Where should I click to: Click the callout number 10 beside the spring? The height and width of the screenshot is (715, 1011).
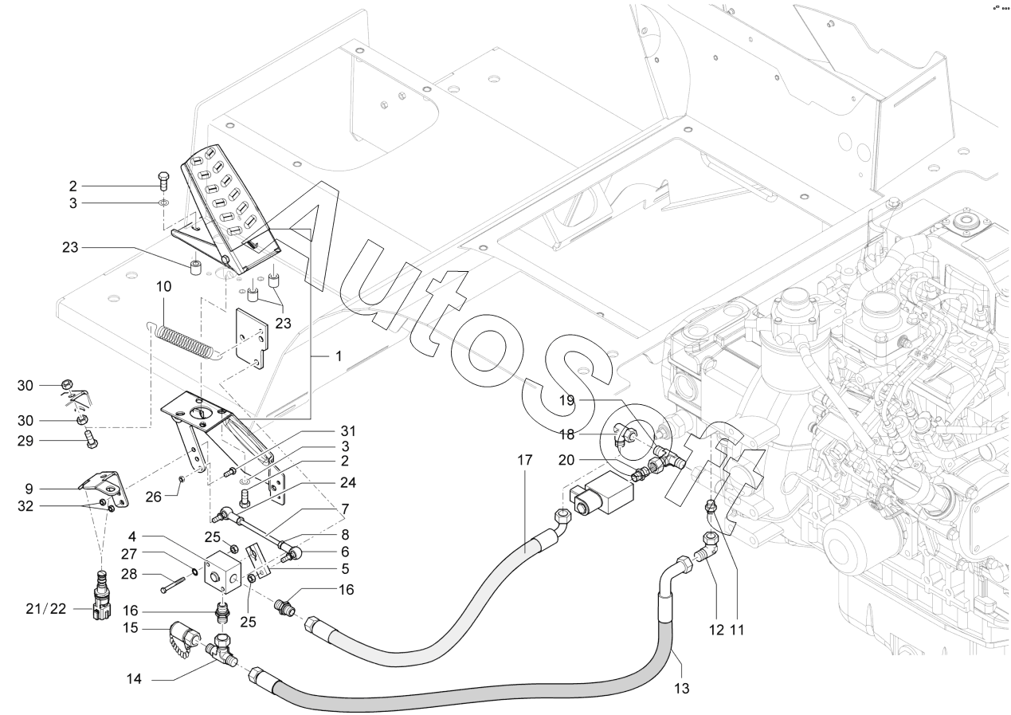point(163,286)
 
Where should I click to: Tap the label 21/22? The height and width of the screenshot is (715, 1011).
point(47,609)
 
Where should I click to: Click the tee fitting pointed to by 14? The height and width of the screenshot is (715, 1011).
point(224,652)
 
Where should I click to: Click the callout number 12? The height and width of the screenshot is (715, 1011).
point(715,631)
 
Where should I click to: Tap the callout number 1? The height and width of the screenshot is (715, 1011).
point(338,356)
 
